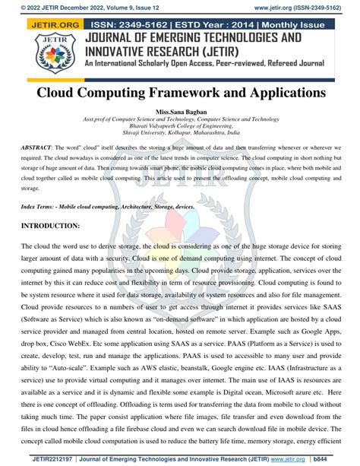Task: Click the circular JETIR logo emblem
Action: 48,54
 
